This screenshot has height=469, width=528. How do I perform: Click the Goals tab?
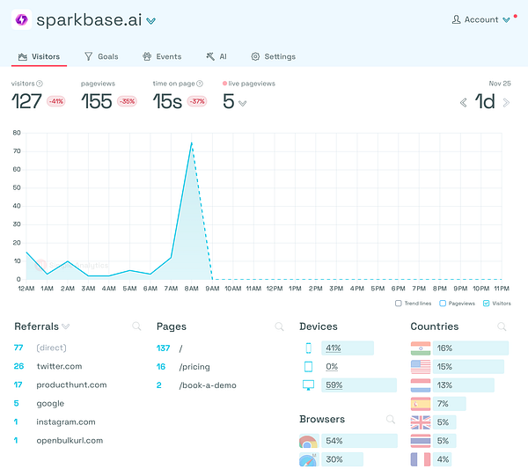click(101, 56)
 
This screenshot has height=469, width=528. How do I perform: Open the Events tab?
click(162, 56)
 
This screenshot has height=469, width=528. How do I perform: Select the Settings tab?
click(273, 56)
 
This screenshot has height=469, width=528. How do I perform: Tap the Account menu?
click(480, 19)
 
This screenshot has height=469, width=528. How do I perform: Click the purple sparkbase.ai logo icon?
click(21, 19)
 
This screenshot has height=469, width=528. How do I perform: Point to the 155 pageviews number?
click(96, 101)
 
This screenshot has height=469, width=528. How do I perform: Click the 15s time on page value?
click(166, 101)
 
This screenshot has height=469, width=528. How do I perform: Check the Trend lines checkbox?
click(400, 304)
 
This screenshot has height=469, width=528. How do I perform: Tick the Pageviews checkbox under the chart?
click(443, 304)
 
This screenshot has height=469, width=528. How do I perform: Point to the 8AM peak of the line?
click(191, 143)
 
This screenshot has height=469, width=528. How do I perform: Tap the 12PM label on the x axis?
click(275, 289)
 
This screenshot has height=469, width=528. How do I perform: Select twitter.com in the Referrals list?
click(59, 366)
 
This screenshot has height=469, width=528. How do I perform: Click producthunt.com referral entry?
click(71, 385)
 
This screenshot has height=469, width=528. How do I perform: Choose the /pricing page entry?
click(195, 366)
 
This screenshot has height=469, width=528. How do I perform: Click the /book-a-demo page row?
click(208, 385)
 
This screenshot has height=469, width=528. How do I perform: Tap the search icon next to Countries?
click(502, 326)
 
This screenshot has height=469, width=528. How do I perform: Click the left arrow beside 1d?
click(464, 102)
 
